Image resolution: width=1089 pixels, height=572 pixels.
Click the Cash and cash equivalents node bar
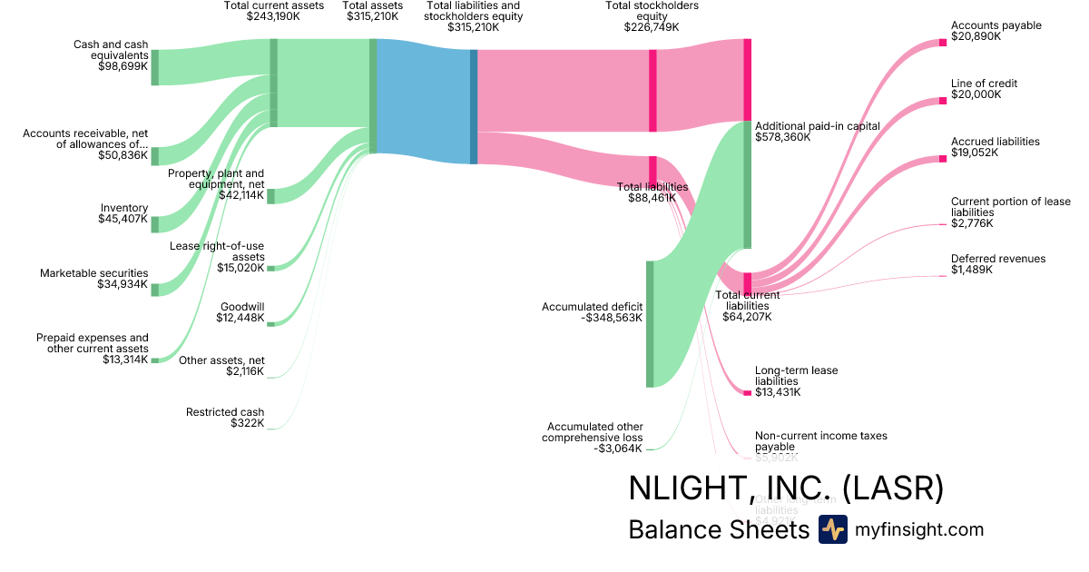[154, 67]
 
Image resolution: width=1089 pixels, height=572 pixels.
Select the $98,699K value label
[123, 66]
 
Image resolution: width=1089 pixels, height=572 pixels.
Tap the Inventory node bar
[154, 224]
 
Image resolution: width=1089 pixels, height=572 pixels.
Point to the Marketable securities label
[93, 273]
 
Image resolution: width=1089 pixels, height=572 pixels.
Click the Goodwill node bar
[270, 323]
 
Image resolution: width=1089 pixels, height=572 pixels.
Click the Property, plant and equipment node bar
[270, 196]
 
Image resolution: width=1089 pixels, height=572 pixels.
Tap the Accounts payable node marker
[942, 43]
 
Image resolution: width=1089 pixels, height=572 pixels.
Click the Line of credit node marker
[942, 101]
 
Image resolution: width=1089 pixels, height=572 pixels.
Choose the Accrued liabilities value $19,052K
[975, 153]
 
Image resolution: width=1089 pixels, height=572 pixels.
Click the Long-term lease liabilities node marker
[747, 392]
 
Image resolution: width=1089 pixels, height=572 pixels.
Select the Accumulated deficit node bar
[650, 324]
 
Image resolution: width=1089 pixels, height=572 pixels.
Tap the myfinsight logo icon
[833, 529]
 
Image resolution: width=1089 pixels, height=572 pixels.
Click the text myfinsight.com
[919, 529]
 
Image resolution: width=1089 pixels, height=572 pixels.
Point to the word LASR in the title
[893, 488]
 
